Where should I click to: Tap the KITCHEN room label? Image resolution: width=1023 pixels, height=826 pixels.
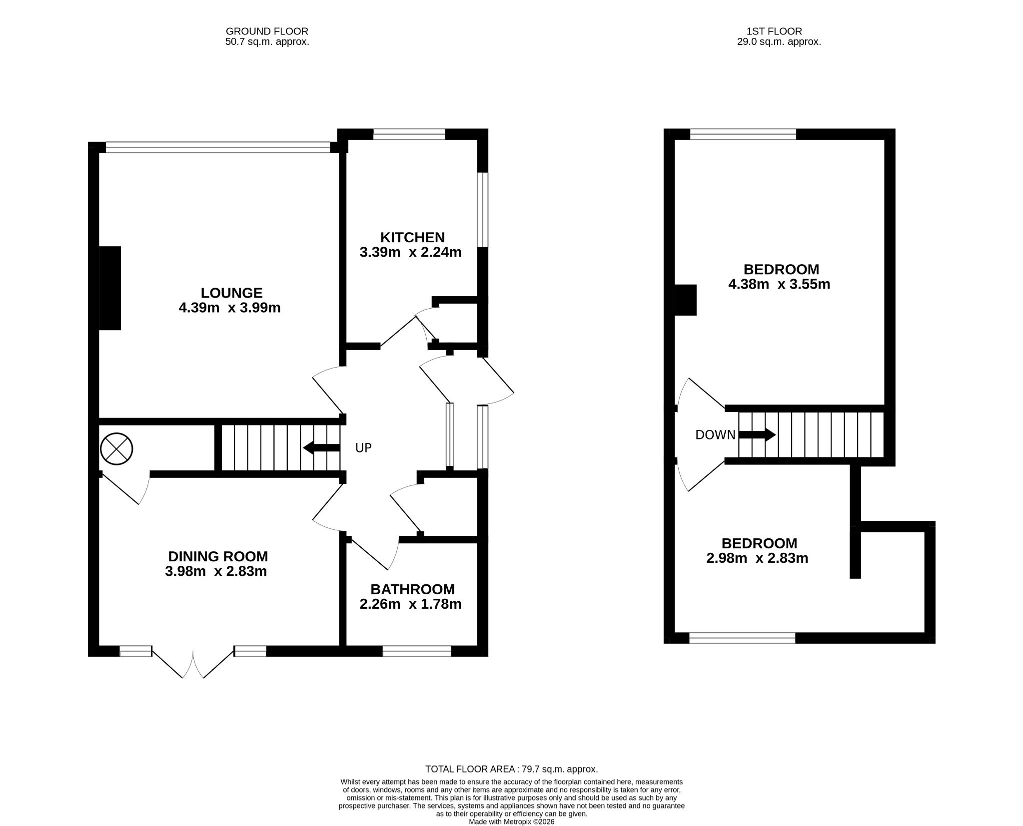point(412,237)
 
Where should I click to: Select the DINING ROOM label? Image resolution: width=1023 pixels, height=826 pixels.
point(218,556)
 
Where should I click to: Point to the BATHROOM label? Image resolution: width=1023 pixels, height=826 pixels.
point(412,589)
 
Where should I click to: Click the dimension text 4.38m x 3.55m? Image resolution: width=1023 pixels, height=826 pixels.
point(779,285)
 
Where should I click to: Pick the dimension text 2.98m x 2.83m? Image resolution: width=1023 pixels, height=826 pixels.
point(757,558)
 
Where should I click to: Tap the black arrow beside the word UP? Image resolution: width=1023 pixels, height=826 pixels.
point(321,448)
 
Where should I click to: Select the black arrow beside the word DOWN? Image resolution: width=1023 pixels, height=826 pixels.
point(757,435)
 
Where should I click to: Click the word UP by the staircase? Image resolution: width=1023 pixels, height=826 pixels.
point(363,448)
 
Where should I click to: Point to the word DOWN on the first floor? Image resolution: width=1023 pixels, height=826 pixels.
point(715,435)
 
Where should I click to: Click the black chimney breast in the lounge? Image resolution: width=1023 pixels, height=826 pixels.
point(110,288)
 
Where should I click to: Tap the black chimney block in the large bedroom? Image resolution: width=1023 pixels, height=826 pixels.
point(686,300)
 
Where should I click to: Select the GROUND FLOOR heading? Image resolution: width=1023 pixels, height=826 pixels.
point(267,31)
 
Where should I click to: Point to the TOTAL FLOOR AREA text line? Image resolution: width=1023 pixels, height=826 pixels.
point(511,769)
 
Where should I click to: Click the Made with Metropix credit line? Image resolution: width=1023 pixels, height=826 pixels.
point(511,822)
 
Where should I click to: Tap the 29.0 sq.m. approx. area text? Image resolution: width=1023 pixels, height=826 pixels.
point(779,42)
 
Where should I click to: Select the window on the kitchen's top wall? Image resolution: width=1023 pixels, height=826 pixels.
point(409,134)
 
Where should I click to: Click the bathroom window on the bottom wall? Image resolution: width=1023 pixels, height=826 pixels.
point(417,651)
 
